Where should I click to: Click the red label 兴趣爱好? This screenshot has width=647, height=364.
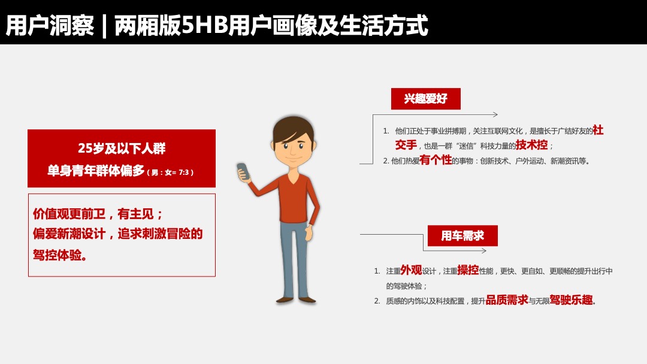click(x=425, y=99)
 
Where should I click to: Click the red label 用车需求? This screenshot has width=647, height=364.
click(x=462, y=236)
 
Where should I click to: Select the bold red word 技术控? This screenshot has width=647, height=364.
click(x=532, y=145)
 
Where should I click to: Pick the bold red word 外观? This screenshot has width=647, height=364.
click(x=410, y=271)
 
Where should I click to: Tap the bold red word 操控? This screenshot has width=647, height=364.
click(x=468, y=271)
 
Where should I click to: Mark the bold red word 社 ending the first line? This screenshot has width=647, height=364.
click(x=598, y=130)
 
